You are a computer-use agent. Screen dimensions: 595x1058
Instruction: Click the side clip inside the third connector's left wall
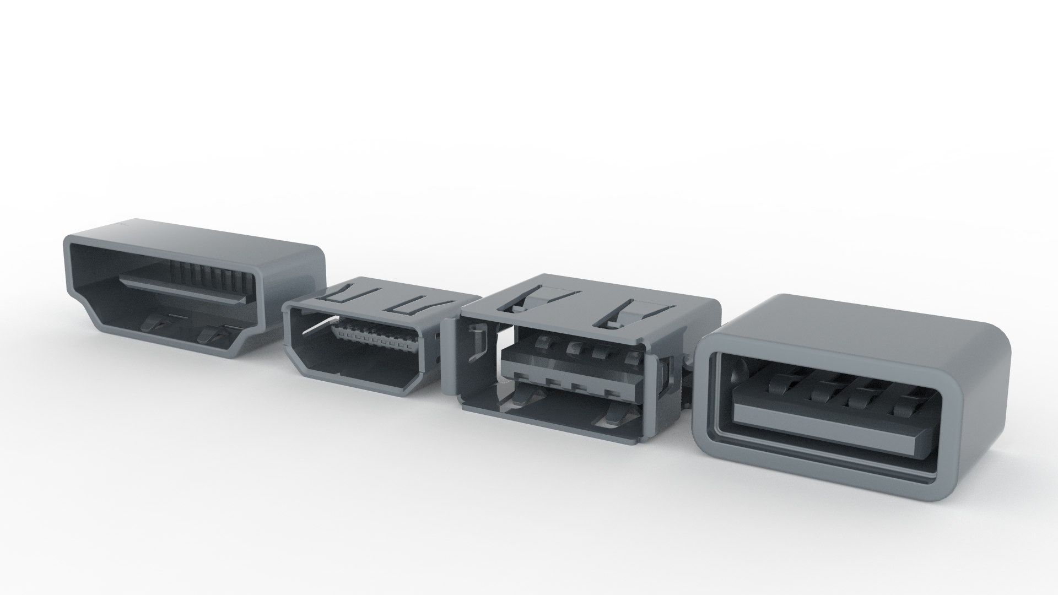tap(477, 347)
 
